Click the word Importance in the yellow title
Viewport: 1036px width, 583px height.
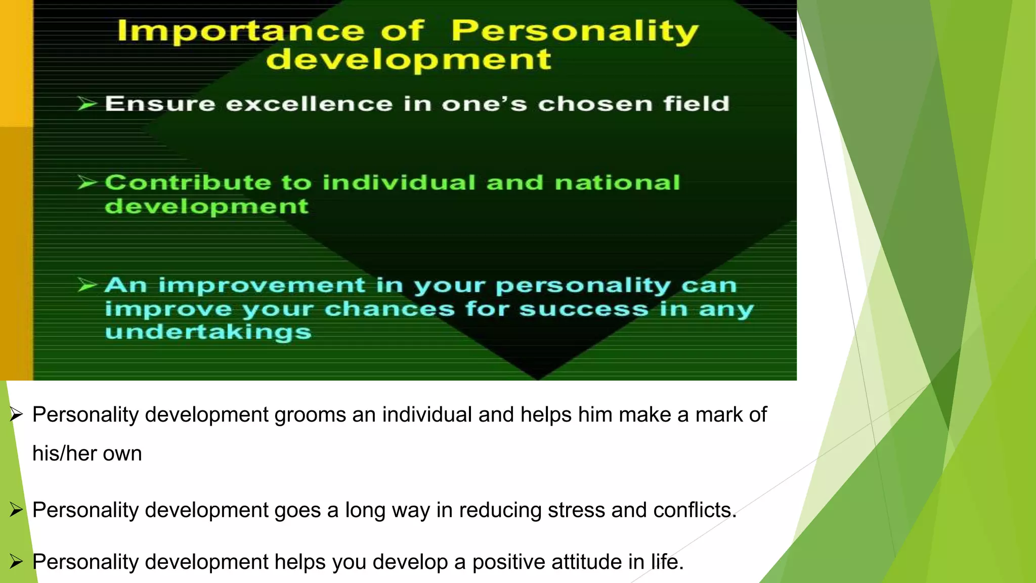241,31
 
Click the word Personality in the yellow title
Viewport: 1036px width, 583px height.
575,31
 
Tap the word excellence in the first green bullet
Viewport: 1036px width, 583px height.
309,104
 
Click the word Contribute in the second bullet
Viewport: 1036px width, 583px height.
188,183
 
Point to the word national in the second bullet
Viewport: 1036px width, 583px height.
617,183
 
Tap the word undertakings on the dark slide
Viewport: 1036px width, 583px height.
208,332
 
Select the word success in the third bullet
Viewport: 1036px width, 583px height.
584,309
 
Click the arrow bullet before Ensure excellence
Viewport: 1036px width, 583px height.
87,104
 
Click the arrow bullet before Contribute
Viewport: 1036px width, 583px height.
87,183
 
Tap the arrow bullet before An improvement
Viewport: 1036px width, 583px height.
87,285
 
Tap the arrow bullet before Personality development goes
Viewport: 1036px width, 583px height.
16,510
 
